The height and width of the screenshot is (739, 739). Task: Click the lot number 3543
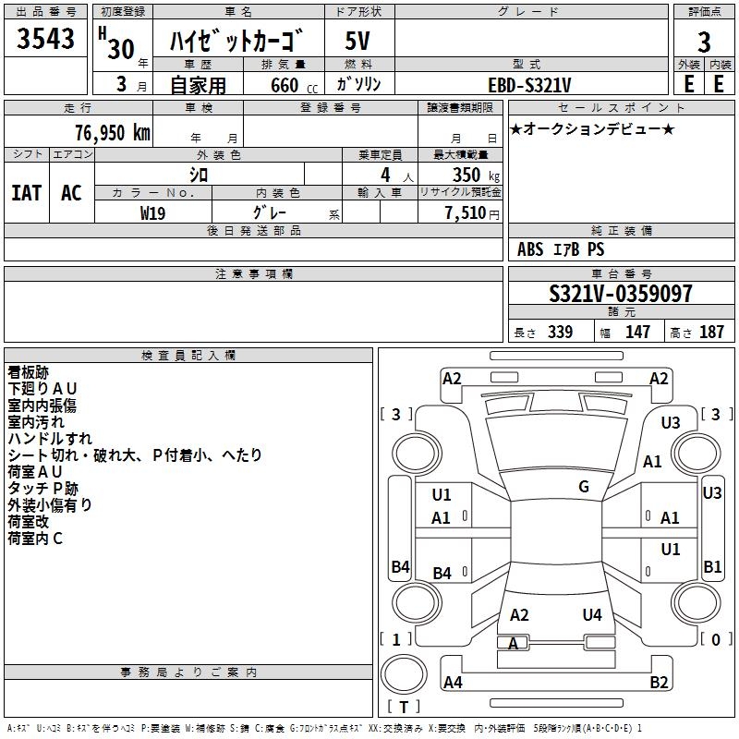(x=45, y=38)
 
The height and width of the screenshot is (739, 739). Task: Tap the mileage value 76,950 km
(x=113, y=133)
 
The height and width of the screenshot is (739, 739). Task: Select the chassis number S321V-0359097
(x=621, y=294)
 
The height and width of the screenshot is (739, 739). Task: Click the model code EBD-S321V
(x=529, y=85)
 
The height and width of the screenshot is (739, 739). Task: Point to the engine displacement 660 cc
(x=294, y=85)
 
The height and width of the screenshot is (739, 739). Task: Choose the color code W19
(x=152, y=213)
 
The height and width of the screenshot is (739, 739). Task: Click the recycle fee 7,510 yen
(x=472, y=213)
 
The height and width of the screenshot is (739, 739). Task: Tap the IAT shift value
(x=27, y=193)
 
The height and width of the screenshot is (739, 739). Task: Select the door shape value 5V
(x=357, y=41)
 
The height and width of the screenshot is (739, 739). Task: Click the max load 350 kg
(x=476, y=175)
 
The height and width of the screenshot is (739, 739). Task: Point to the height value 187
(x=711, y=332)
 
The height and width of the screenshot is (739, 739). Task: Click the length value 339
(x=560, y=332)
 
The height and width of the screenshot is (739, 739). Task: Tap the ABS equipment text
(x=530, y=249)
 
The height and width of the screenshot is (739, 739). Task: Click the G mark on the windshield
(x=584, y=487)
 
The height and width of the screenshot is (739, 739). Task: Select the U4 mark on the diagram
(x=592, y=615)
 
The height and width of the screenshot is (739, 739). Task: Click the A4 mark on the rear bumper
(x=453, y=682)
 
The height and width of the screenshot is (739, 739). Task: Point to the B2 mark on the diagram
(x=659, y=682)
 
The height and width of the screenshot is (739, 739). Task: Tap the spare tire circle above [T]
(x=404, y=674)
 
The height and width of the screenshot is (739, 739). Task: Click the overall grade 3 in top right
(x=704, y=42)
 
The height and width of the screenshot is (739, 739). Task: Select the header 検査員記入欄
(x=188, y=356)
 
